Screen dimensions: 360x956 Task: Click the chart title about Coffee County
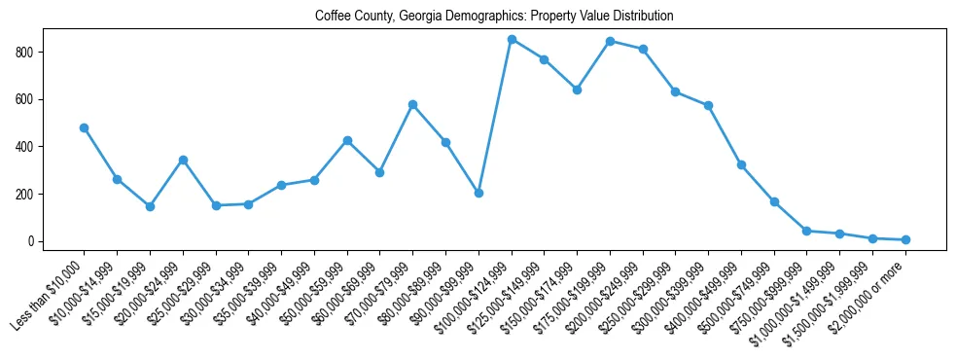pyautogui.click(x=494, y=17)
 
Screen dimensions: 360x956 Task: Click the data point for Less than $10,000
pyautogui.click(x=84, y=127)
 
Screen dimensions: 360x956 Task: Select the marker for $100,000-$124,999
pyautogui.click(x=512, y=39)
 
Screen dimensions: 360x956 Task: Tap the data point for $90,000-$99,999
pyautogui.click(x=478, y=193)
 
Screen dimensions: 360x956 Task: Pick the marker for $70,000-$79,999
pyautogui.click(x=412, y=104)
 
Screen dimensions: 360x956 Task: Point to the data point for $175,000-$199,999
pyautogui.click(x=610, y=41)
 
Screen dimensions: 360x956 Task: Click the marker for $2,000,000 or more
pyautogui.click(x=905, y=239)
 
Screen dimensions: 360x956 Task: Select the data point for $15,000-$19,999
pyautogui.click(x=150, y=206)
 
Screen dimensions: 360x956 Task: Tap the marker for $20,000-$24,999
pyautogui.click(x=183, y=160)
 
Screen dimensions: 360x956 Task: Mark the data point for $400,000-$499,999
pyautogui.click(x=741, y=165)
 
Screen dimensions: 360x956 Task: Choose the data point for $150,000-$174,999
pyautogui.click(x=577, y=90)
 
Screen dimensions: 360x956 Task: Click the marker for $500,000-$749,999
pyautogui.click(x=774, y=201)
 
